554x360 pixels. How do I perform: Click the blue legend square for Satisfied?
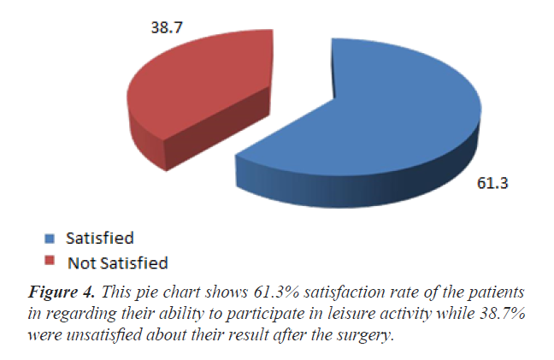[50, 239]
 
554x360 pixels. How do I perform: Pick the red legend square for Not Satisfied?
[50, 261]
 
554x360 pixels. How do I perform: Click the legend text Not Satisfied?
[119, 261]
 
